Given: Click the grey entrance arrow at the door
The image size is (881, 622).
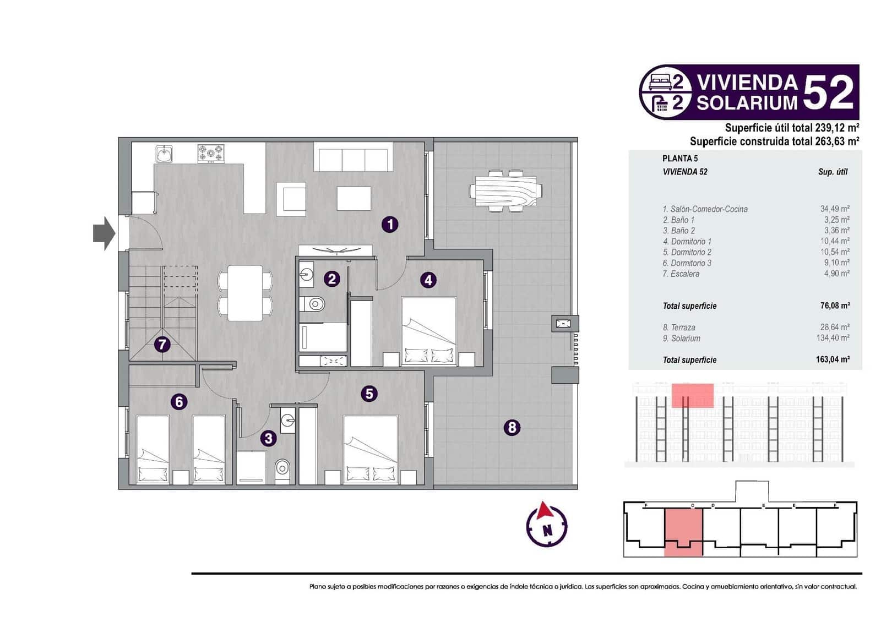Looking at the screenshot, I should (x=104, y=233).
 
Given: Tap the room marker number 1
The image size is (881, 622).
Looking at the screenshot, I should (x=390, y=224).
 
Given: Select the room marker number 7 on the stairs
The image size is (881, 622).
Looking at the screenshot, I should (x=161, y=345).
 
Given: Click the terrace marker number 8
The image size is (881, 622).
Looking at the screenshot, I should (x=512, y=427).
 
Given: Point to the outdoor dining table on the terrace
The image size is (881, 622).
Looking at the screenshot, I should (x=505, y=190).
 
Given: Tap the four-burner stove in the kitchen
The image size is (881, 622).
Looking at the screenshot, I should (x=211, y=153).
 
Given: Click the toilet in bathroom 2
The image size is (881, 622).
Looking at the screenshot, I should (x=313, y=303).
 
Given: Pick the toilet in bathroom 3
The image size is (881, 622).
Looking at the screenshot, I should (x=282, y=469).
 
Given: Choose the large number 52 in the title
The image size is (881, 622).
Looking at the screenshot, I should (x=828, y=92).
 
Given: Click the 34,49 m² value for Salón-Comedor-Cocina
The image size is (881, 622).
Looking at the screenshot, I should (x=834, y=209).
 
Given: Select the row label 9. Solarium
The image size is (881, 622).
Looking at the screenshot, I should (x=682, y=339).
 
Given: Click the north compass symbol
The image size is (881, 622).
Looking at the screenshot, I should (x=546, y=524).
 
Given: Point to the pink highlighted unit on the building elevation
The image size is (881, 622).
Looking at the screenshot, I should (x=692, y=395).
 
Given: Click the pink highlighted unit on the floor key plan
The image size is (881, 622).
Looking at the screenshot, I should (x=683, y=531).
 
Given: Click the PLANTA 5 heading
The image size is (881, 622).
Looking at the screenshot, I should (x=680, y=159).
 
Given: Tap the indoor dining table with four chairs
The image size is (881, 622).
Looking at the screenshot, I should (x=245, y=293).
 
